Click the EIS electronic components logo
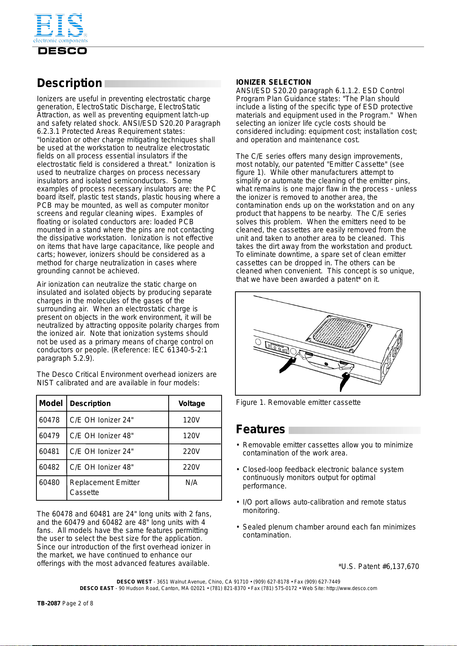click(x=60, y=28)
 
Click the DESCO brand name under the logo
click(x=62, y=51)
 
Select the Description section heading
click(x=69, y=83)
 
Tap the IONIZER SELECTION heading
click(x=273, y=82)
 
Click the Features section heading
click(x=260, y=429)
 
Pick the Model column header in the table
click(x=51, y=403)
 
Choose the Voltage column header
click(x=191, y=403)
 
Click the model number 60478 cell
click(x=49, y=420)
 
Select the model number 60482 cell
click(x=49, y=467)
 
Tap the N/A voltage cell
click(x=191, y=483)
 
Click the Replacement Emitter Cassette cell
click(x=105, y=487)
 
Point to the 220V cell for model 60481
click(x=191, y=451)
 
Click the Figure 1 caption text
click(x=298, y=402)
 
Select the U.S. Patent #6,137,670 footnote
click(x=378, y=566)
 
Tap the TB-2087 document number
click(x=49, y=603)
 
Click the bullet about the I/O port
click(x=324, y=506)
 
